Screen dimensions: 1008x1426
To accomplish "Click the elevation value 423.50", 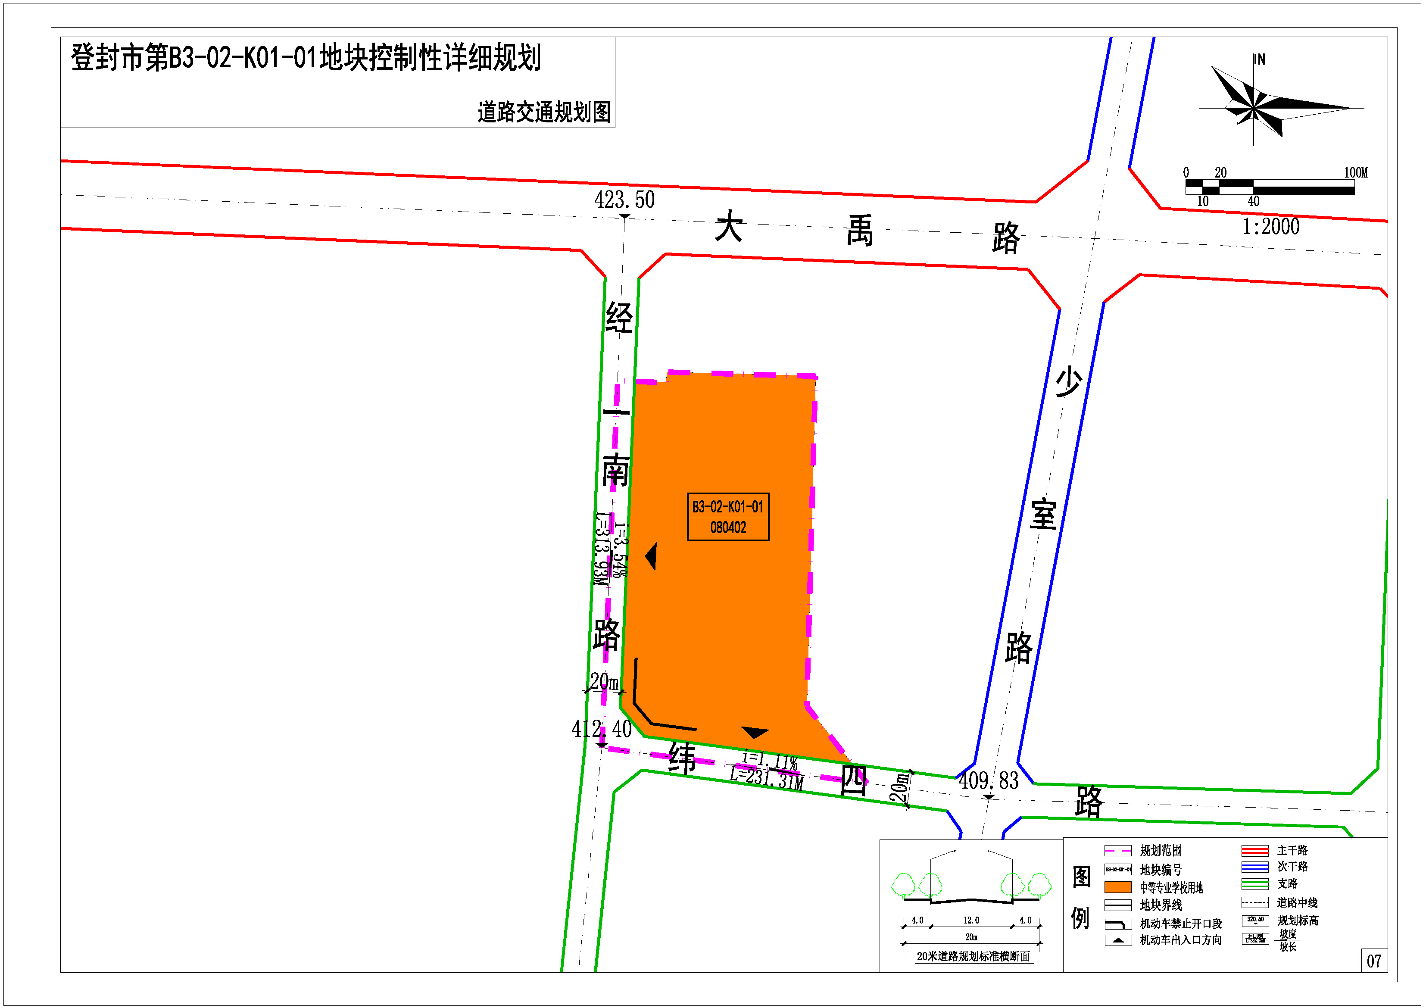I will (624, 200).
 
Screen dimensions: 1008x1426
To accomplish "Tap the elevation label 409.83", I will (988, 781).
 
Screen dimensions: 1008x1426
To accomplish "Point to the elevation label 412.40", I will (601, 728).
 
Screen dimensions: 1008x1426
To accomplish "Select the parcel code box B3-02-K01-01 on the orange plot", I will (728, 517).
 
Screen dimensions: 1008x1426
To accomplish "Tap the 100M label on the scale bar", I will (1356, 173).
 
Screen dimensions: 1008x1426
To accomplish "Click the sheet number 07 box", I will (1374, 961).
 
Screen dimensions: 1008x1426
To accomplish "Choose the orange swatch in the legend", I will (1117, 887).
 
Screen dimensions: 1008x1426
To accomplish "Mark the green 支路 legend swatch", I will (1254, 884).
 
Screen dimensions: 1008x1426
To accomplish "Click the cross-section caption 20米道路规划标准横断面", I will (973, 956).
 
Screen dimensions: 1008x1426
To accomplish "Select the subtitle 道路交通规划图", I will (544, 112).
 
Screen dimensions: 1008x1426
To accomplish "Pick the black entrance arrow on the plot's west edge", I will (651, 556).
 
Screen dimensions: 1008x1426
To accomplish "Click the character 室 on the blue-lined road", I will (1043, 514).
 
